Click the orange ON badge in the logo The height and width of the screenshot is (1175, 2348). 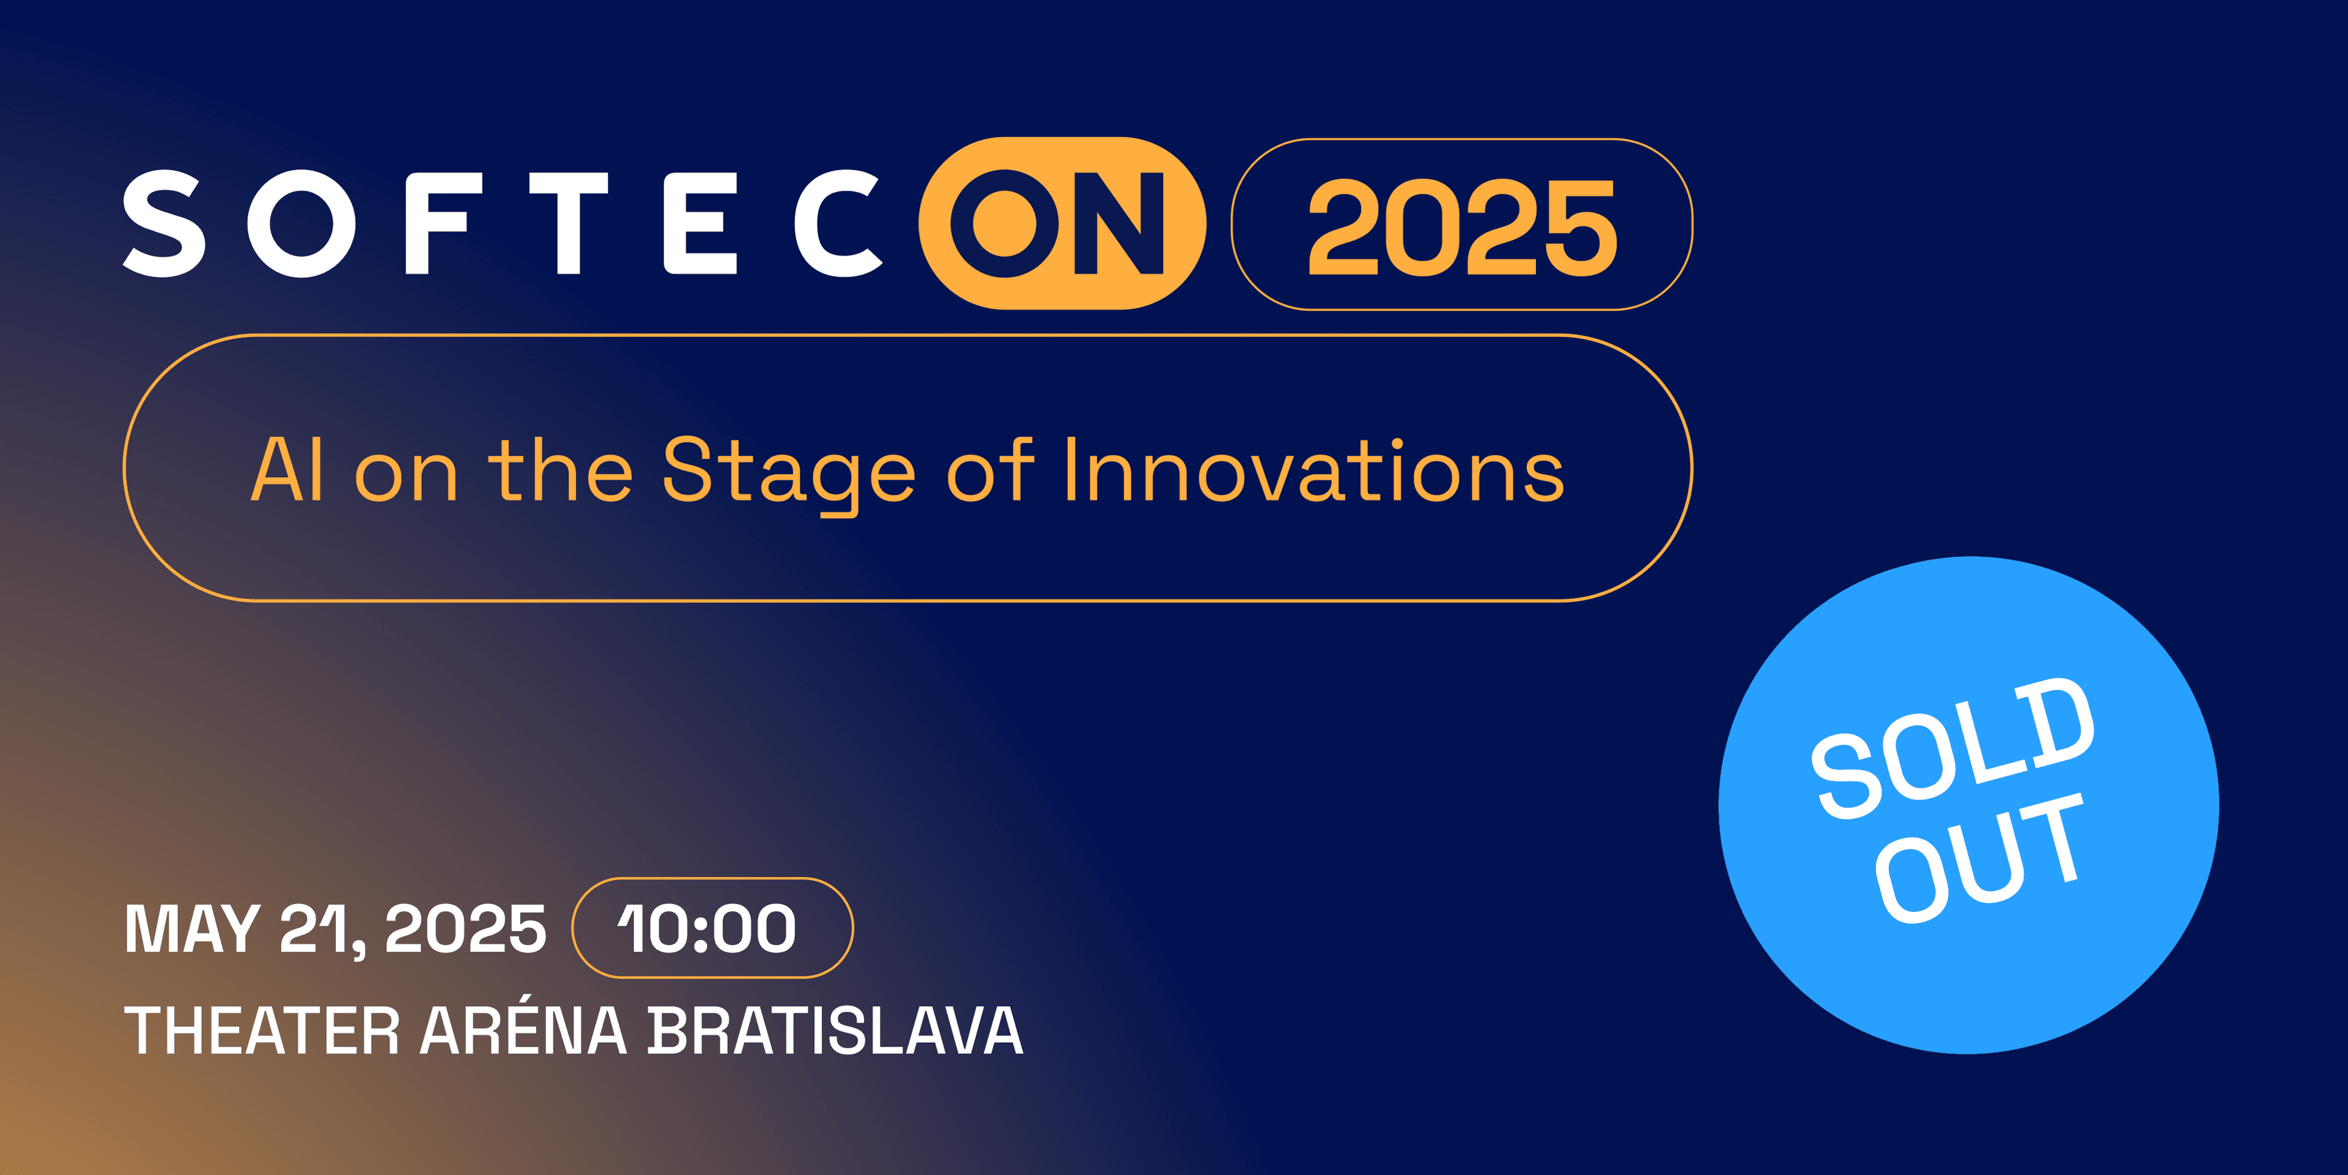(1063, 223)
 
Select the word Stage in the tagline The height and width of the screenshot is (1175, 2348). (788, 474)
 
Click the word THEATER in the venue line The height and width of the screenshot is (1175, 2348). (262, 1031)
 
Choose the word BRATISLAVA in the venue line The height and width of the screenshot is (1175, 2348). (835, 1031)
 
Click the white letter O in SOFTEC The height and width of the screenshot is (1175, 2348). (301, 223)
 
